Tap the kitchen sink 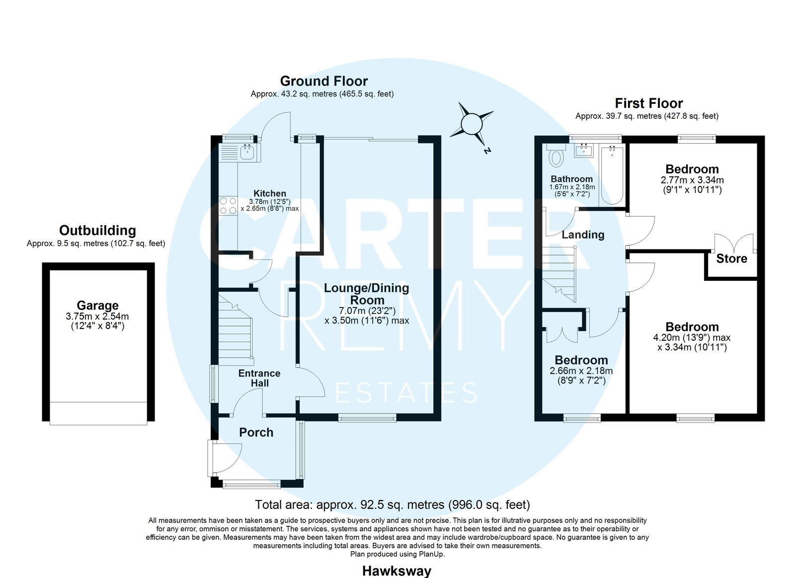point(247,152)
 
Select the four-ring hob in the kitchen point(228,206)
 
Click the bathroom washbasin point(584,151)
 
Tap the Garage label point(97,305)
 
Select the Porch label point(256,432)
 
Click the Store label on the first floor point(731,258)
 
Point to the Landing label point(583,235)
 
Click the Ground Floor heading point(323,82)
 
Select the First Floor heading point(649,103)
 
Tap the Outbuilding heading point(97,231)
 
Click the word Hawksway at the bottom point(397,571)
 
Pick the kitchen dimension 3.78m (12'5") point(269,201)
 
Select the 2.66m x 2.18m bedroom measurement point(581,371)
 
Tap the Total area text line point(393,504)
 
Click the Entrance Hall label point(259,378)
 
